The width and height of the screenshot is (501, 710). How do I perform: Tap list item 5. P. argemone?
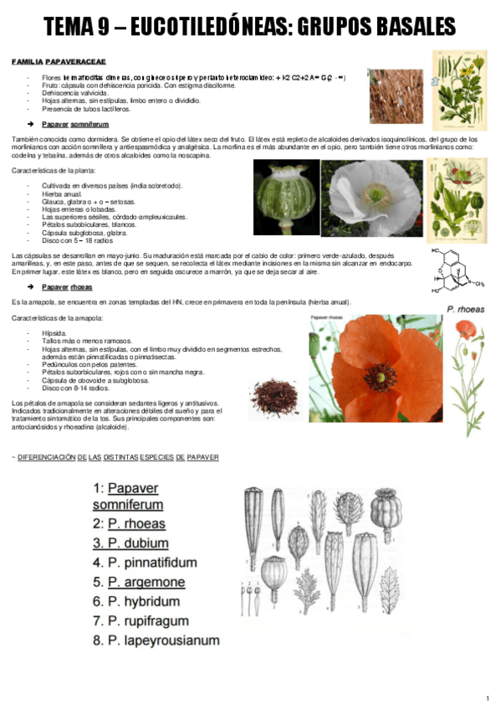point(139,582)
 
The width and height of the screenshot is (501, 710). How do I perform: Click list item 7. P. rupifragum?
point(141,621)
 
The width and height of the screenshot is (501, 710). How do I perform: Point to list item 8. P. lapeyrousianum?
point(156,641)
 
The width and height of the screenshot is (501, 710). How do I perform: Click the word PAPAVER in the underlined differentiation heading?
point(202,458)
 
